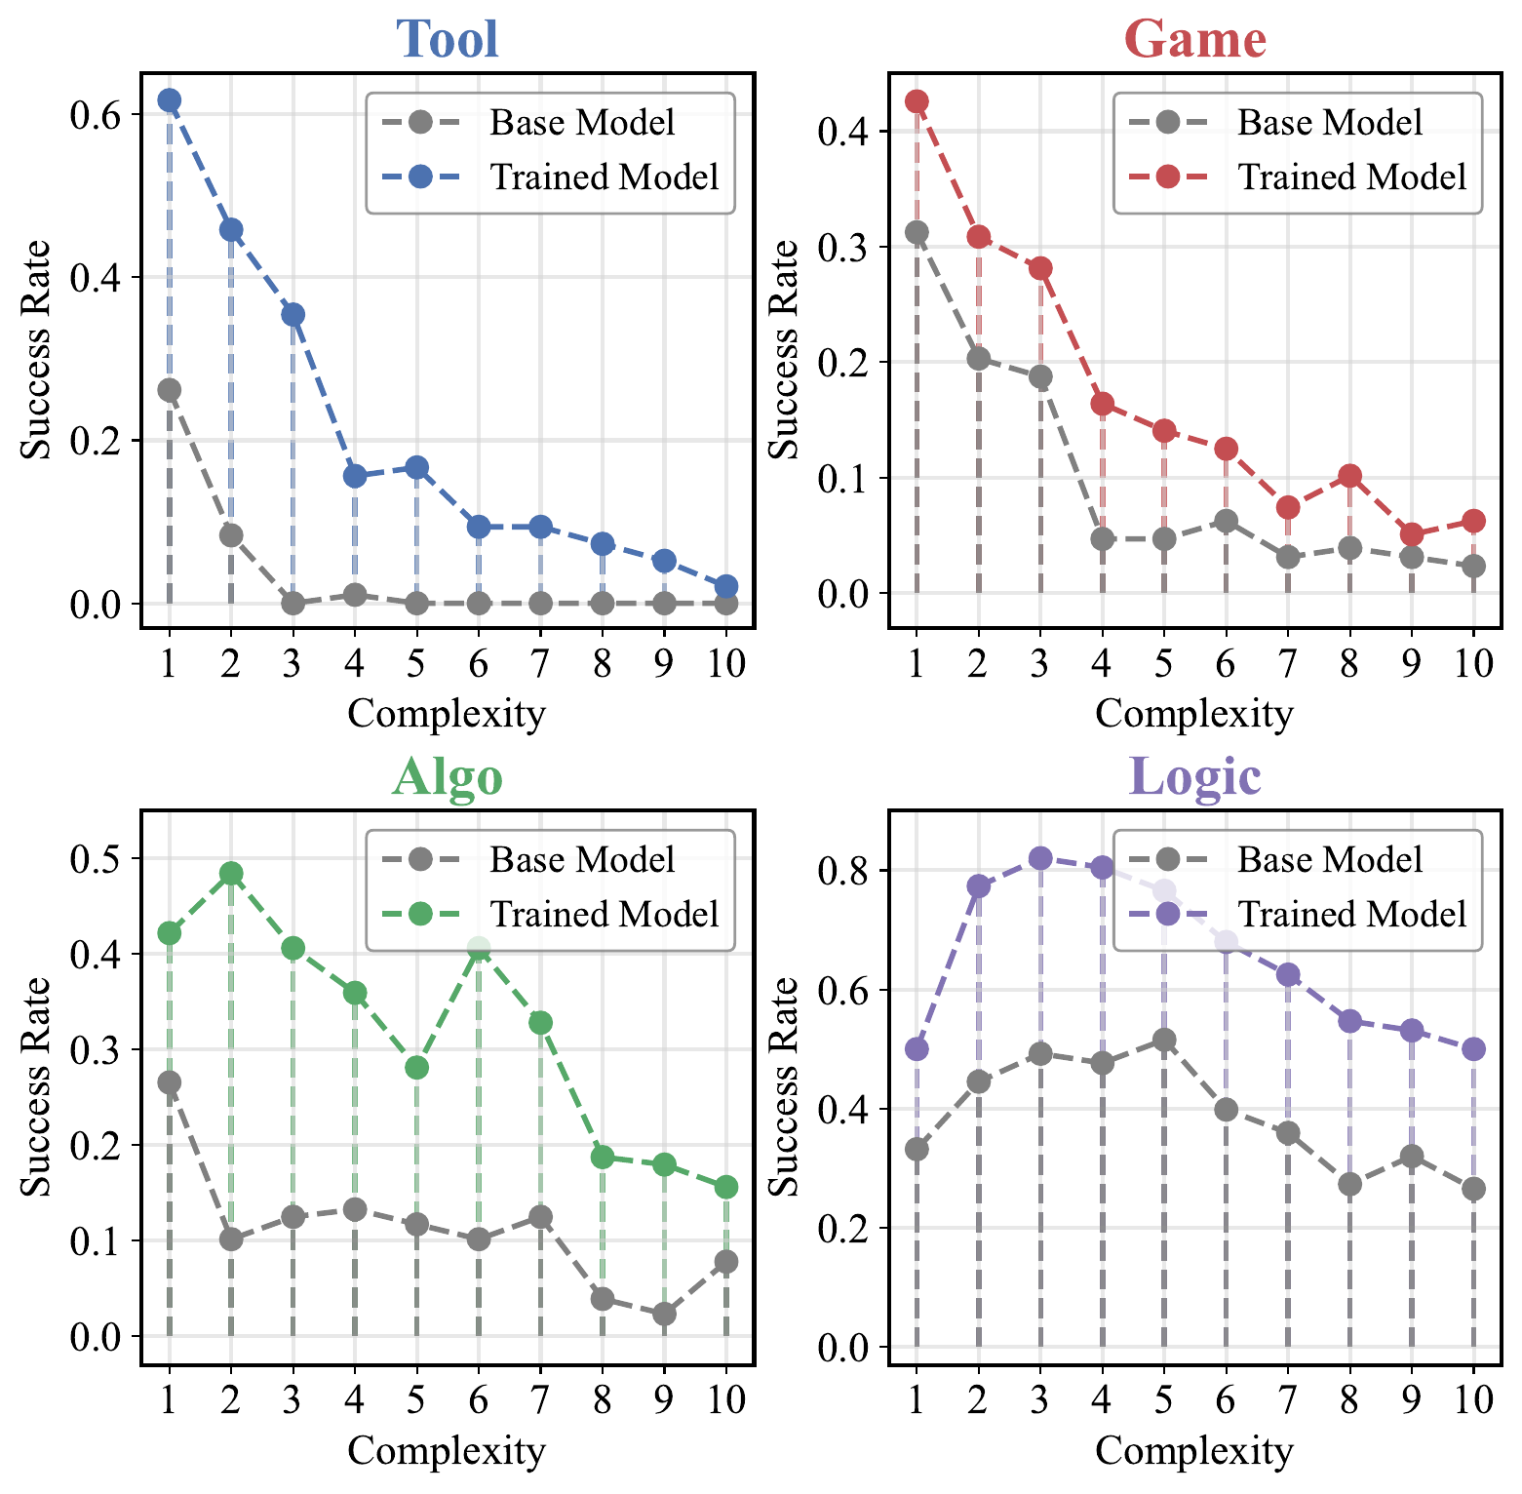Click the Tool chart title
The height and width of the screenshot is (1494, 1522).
pyautogui.click(x=447, y=39)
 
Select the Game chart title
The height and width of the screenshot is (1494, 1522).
pyautogui.click(x=1194, y=39)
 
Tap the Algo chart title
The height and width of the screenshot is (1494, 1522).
pyautogui.click(x=447, y=776)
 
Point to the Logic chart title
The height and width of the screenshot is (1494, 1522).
pyautogui.click(x=1194, y=776)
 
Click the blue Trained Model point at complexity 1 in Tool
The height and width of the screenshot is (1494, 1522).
pyautogui.click(x=170, y=100)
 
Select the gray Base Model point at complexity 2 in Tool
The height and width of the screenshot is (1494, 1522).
pyautogui.click(x=231, y=534)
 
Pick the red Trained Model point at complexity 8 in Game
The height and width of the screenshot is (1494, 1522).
pyautogui.click(x=1349, y=476)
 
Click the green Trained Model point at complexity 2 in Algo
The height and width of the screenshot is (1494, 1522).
pyautogui.click(x=231, y=873)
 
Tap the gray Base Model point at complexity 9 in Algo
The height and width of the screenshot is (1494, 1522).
pyautogui.click(x=664, y=1315)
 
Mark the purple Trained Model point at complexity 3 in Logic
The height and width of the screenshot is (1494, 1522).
pyautogui.click(x=1040, y=858)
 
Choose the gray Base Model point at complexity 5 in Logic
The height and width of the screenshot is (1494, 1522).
pyautogui.click(x=1164, y=1040)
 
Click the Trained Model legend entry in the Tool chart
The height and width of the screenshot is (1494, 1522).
pyautogui.click(x=604, y=177)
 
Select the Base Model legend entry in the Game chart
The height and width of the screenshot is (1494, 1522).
pyautogui.click(x=1329, y=123)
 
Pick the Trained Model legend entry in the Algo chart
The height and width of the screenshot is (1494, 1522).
pyautogui.click(x=604, y=915)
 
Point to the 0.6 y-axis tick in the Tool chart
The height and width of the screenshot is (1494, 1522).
pyautogui.click(x=96, y=116)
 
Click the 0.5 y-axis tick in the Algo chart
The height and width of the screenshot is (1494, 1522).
pyautogui.click(x=96, y=859)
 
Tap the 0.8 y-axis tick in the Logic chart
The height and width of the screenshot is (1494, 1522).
pyautogui.click(x=844, y=871)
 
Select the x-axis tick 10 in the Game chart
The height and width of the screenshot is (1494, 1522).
pyautogui.click(x=1473, y=664)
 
